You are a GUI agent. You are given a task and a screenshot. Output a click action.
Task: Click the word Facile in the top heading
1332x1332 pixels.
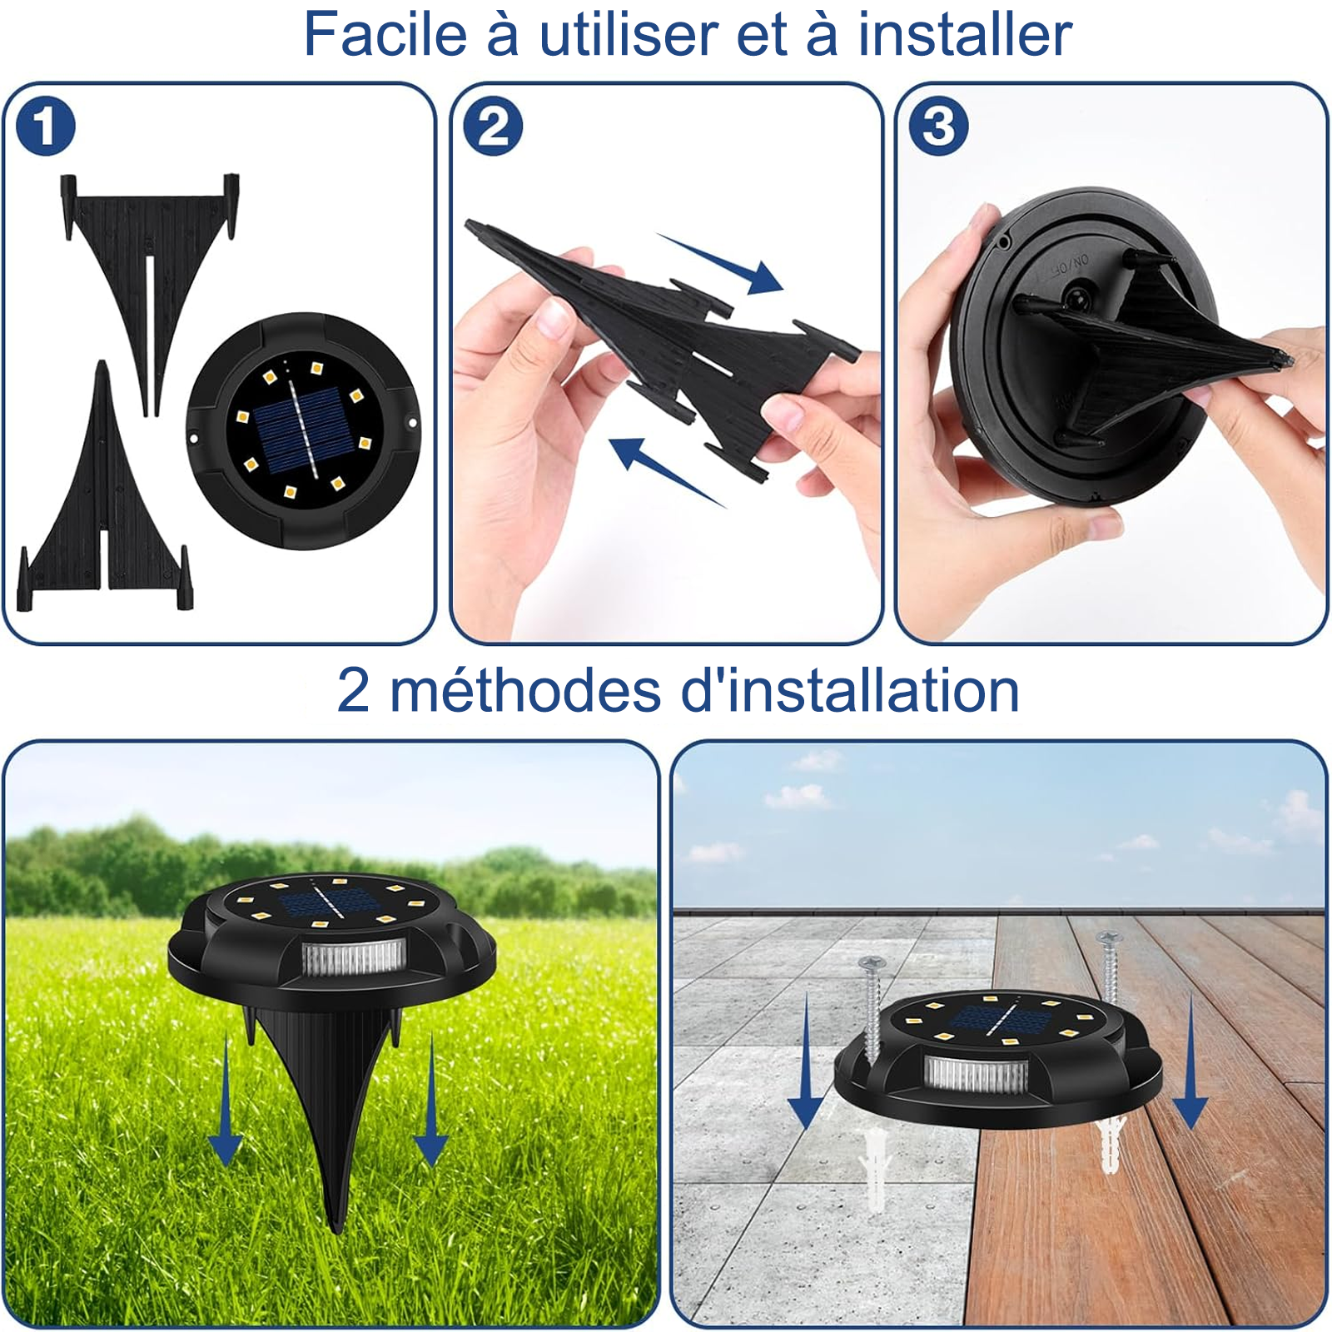(x=385, y=34)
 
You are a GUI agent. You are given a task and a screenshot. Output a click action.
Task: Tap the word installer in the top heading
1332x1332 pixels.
(x=965, y=34)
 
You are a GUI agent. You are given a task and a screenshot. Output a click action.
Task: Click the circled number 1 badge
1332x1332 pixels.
(x=46, y=127)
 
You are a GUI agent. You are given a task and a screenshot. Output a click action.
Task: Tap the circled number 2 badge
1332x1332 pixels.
(x=493, y=127)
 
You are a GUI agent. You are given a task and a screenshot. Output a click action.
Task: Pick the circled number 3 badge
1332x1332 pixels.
(x=939, y=127)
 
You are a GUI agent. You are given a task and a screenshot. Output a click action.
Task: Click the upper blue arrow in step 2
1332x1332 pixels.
(x=720, y=263)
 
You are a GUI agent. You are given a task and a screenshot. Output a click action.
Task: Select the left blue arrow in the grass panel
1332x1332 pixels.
(x=225, y=1099)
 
